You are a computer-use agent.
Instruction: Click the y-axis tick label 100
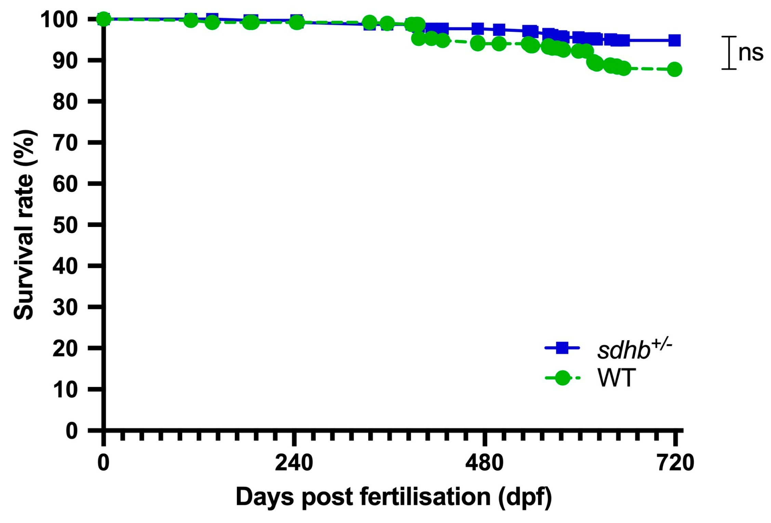(x=59, y=19)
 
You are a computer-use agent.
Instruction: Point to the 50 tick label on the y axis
(x=65, y=225)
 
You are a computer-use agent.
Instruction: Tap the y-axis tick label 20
(x=65, y=349)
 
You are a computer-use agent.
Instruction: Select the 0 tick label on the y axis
(x=71, y=431)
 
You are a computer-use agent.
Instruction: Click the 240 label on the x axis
(x=294, y=463)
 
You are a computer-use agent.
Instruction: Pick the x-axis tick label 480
(x=484, y=463)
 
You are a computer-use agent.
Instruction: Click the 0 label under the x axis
(x=103, y=463)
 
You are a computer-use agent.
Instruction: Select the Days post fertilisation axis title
(x=394, y=497)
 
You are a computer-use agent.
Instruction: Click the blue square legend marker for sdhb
(x=562, y=348)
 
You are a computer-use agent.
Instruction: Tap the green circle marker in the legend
(x=562, y=378)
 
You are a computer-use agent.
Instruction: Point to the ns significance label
(x=751, y=53)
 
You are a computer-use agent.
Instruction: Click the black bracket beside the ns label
(x=729, y=53)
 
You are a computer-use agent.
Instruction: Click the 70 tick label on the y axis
(x=65, y=143)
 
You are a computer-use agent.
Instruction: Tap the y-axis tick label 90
(x=65, y=61)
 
